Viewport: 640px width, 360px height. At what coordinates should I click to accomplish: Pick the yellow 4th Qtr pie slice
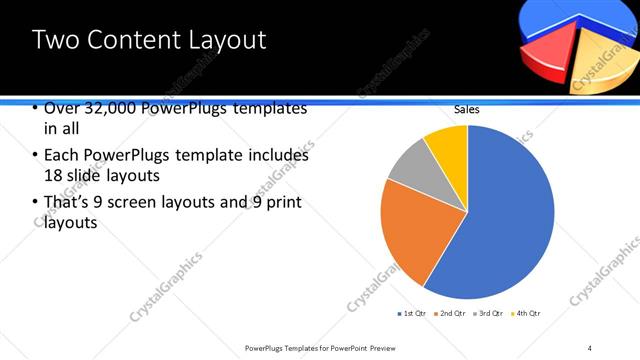tap(448, 146)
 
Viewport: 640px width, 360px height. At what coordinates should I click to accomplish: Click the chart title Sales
tap(467, 109)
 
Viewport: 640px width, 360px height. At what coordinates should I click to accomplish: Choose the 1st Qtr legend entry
tap(412, 314)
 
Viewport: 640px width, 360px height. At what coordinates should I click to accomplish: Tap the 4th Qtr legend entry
tap(528, 314)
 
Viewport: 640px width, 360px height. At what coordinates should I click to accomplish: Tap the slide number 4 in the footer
tap(590, 348)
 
